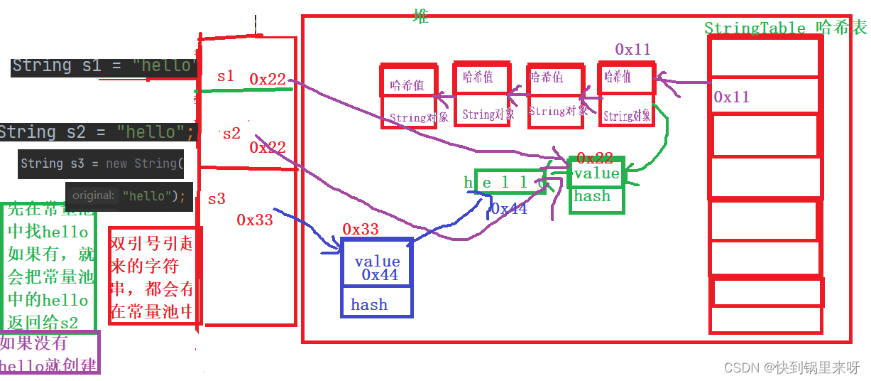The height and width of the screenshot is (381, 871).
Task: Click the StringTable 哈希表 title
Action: coord(785,28)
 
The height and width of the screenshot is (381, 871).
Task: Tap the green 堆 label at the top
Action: coord(421,17)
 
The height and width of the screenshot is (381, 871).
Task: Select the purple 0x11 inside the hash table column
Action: coord(731,97)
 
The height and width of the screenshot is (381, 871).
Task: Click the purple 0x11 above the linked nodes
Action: coord(632,49)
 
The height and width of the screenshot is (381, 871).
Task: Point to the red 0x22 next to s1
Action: coord(268,79)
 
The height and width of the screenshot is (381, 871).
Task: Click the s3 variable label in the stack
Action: coord(217,198)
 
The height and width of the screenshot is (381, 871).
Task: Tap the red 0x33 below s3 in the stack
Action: coord(255,220)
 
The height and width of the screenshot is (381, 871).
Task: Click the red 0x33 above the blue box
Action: coord(361,229)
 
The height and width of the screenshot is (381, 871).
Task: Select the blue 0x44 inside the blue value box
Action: coord(380,274)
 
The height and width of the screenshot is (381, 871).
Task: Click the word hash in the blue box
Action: coord(369,305)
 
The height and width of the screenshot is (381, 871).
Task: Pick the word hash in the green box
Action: coord(592,196)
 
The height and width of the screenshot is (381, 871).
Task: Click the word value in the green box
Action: coord(596,173)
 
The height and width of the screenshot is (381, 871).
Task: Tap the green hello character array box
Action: coord(508,183)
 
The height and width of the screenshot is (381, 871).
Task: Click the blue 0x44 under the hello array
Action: coord(509,209)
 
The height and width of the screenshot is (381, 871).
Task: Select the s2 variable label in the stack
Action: coord(231,133)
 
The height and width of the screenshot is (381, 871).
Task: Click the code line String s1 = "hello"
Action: coord(104,66)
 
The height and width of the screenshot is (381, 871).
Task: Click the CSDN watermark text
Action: coord(791,367)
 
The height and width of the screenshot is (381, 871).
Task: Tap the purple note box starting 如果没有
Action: coord(49,353)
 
